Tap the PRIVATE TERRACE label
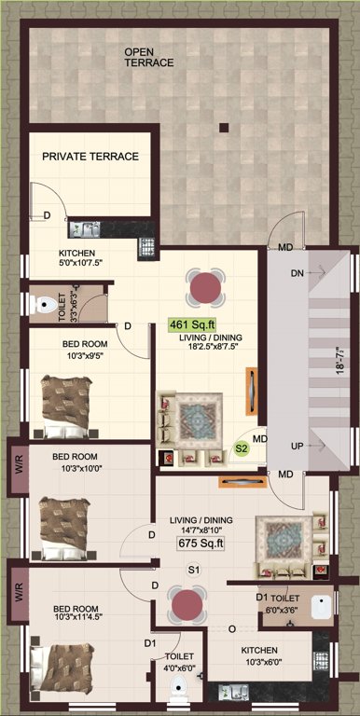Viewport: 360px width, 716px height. [90, 157]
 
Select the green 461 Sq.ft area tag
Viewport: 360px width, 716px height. [187, 324]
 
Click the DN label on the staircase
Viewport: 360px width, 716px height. [298, 273]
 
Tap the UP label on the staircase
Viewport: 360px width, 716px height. [298, 447]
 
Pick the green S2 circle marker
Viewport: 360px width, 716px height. [241, 448]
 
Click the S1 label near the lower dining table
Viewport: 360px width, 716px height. [194, 569]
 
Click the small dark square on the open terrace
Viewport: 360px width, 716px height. [223, 127]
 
